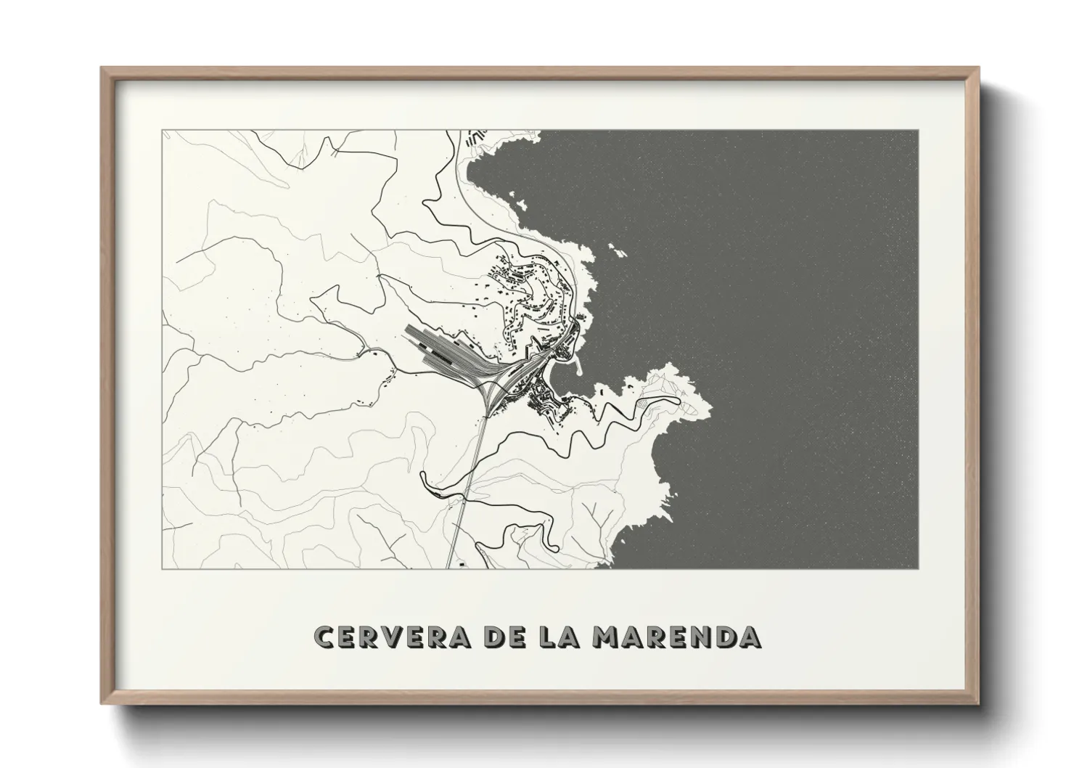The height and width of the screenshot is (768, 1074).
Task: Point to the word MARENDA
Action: tap(676, 637)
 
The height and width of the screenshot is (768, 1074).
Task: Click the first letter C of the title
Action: tap(324, 637)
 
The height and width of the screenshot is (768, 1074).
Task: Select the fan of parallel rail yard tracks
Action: tap(443, 349)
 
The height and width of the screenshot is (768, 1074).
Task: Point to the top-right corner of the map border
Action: tap(918, 131)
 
